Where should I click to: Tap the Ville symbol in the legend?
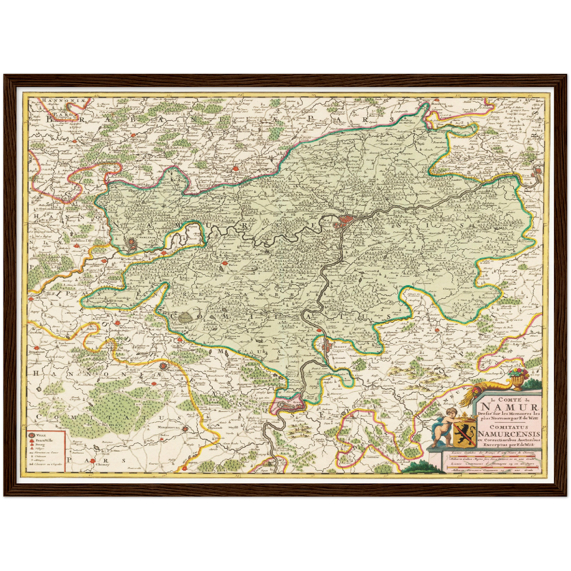[32, 435]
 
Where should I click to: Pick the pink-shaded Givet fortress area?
[290, 404]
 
